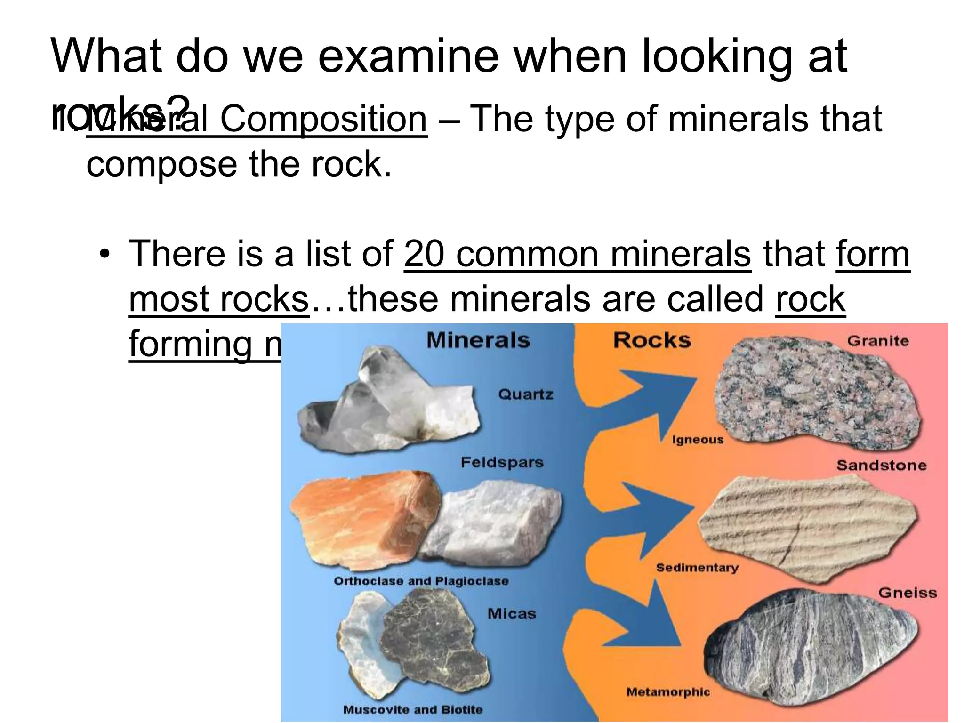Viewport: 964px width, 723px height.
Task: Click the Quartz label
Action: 525,394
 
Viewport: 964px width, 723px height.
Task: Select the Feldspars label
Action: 502,462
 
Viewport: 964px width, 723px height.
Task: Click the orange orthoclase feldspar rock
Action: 362,518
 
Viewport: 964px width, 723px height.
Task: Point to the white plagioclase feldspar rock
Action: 494,522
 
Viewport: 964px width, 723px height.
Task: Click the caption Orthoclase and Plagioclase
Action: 421,581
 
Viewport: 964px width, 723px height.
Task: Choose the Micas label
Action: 512,614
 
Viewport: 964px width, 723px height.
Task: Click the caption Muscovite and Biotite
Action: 413,709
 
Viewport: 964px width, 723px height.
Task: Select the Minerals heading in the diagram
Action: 478,340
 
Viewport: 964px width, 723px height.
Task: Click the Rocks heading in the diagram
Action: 652,340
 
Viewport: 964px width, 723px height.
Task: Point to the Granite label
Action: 878,341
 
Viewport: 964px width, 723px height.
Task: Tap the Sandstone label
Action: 881,466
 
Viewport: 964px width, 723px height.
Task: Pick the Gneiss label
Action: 907,593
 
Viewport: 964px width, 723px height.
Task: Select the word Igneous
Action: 698,440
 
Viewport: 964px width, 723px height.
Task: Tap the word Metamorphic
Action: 668,692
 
